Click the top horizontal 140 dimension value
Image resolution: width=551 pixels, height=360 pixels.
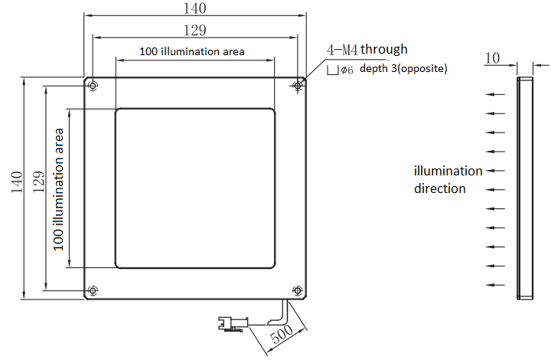195,8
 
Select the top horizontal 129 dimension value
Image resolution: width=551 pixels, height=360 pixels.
195,30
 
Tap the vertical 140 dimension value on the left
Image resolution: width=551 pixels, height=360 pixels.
17,182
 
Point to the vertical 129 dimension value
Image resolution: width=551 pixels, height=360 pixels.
39,182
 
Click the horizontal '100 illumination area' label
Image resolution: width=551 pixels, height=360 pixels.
192,51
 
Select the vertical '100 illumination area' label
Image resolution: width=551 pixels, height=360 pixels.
58,189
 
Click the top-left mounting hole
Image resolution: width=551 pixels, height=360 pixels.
93,86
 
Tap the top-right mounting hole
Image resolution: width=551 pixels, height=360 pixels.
298,86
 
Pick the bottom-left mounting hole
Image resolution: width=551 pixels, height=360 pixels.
93,290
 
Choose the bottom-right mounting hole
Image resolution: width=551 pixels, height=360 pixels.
298,290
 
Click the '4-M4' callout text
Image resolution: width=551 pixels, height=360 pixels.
342,50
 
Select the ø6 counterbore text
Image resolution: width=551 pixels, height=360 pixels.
347,70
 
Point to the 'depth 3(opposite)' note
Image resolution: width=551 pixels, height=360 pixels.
403,69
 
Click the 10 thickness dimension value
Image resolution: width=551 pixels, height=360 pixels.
492,58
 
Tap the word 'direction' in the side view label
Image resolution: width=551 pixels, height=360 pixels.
439,188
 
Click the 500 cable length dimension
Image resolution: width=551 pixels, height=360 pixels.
282,334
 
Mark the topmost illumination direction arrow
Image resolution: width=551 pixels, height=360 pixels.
495,94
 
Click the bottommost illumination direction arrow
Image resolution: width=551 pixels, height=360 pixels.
495,285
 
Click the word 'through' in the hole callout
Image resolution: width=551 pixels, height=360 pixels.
384,49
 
